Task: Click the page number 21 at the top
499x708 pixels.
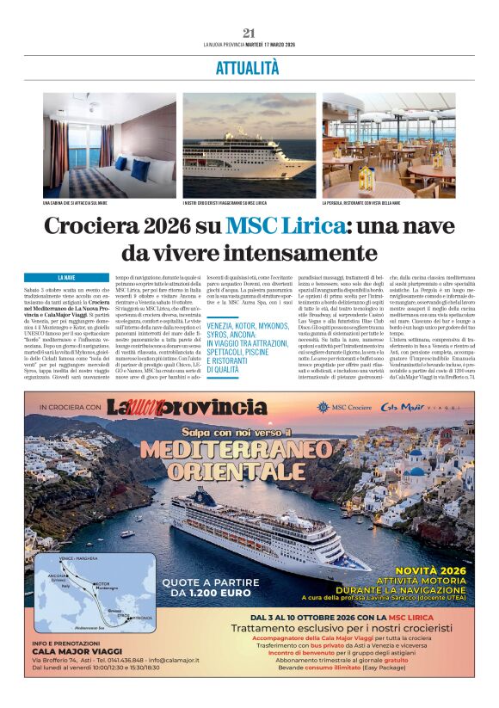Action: (x=249, y=33)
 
